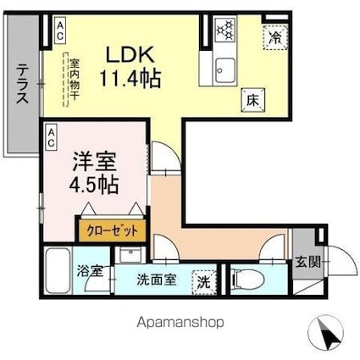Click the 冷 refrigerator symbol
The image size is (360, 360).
tap(276, 37)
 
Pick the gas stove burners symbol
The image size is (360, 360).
tap(225, 31)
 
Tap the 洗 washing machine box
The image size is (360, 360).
tap(205, 280)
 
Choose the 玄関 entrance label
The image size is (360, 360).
tap(308, 263)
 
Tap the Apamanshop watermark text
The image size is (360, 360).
tap(180, 322)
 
